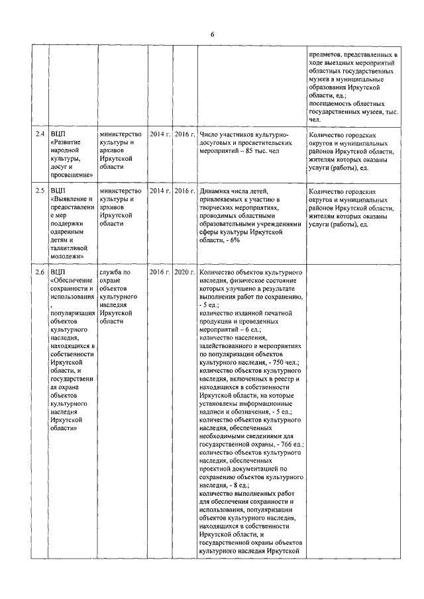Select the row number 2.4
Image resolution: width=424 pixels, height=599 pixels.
click(40, 134)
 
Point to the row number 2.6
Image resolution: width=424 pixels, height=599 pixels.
click(40, 272)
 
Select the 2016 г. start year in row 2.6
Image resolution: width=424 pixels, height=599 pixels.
click(160, 272)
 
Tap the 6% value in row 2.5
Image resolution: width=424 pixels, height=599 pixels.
click(235, 240)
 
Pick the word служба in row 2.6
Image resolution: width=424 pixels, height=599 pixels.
click(111, 272)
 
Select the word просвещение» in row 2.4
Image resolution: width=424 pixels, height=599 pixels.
click(72, 175)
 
